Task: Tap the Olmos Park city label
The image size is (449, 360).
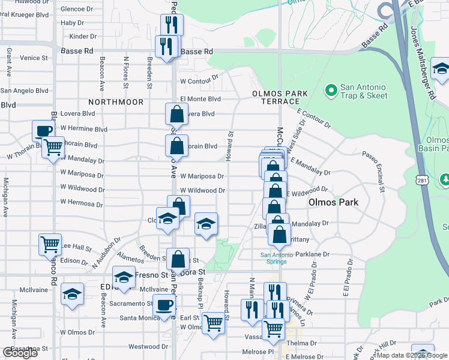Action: [333, 202]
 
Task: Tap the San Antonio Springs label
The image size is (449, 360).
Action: [277, 258]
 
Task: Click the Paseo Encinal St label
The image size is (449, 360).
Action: [373, 172]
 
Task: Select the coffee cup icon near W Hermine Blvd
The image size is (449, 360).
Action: [44, 130]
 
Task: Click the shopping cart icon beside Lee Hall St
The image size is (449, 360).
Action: [50, 244]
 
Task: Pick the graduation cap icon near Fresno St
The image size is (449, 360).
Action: [124, 277]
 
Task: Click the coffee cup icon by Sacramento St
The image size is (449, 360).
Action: [164, 304]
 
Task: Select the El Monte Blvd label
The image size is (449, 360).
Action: [200, 99]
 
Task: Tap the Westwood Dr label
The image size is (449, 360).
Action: [143, 347]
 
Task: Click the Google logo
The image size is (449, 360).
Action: [20, 353]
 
